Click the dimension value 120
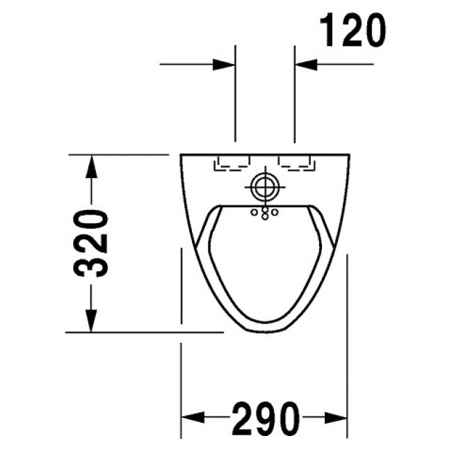353,31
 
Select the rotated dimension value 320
91,243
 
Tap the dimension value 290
265,418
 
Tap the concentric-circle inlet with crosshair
264,187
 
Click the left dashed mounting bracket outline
233,163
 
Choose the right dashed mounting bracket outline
296,163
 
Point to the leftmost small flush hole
255,211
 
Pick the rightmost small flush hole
274,211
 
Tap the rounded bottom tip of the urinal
264,332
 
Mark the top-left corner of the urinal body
180,154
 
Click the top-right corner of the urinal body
348,154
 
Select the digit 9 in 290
265,418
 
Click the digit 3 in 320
91,264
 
